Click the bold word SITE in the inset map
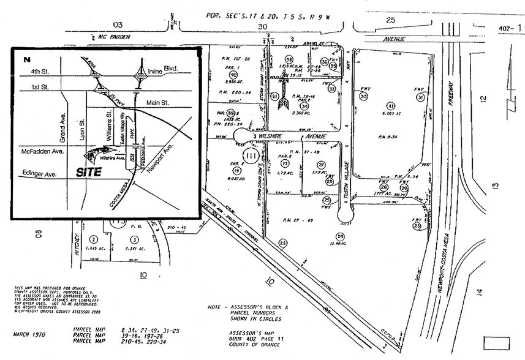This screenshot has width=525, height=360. tap(89, 173)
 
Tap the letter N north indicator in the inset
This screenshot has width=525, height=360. tap(26, 59)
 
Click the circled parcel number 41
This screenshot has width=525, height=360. tap(389, 105)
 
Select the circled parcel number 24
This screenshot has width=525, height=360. tap(341, 236)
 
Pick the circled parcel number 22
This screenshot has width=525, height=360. tap(282, 242)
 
